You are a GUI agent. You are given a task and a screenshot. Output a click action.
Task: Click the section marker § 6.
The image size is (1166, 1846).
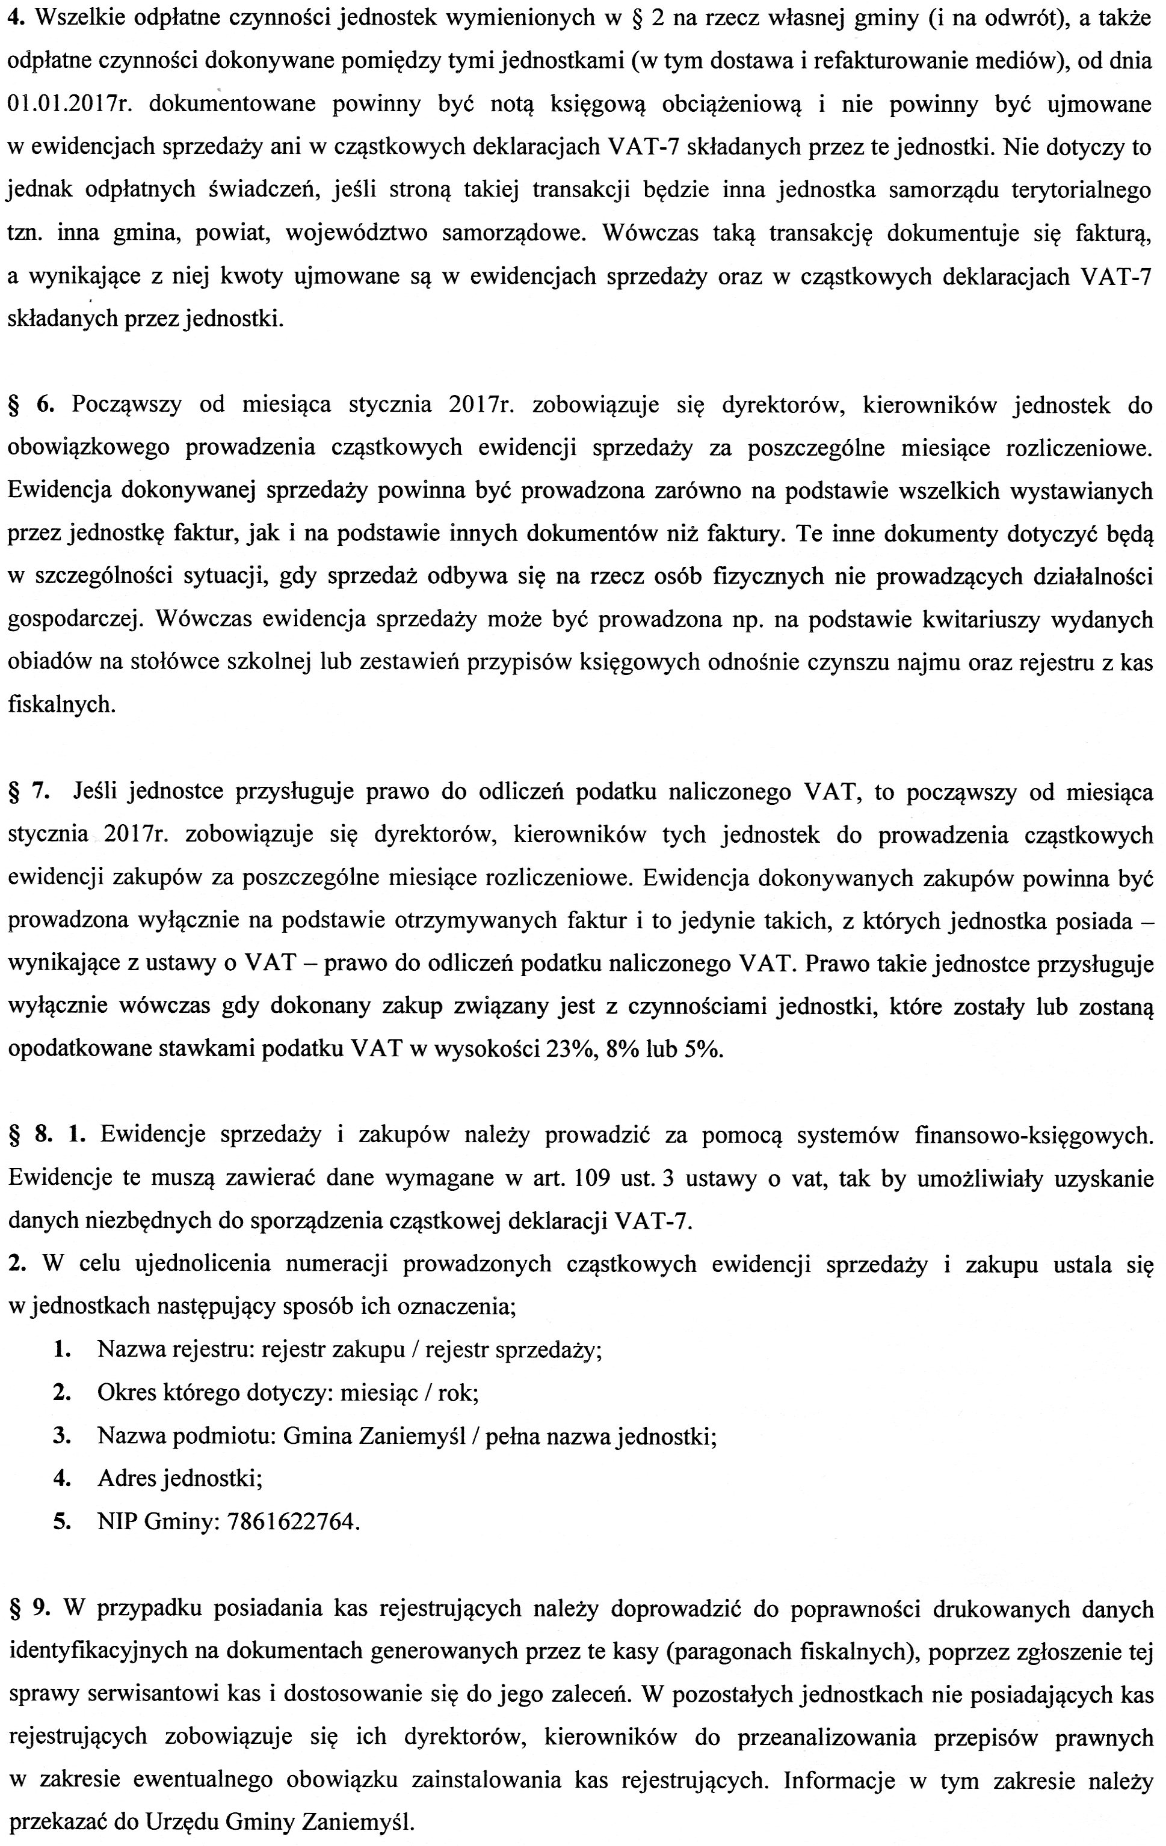[x=31, y=405]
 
